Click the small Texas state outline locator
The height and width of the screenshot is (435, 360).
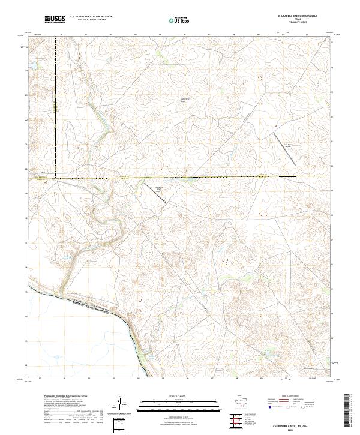pyautogui.click(x=239, y=401)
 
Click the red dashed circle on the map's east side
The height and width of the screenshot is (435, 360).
pyautogui.click(x=263, y=213)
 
